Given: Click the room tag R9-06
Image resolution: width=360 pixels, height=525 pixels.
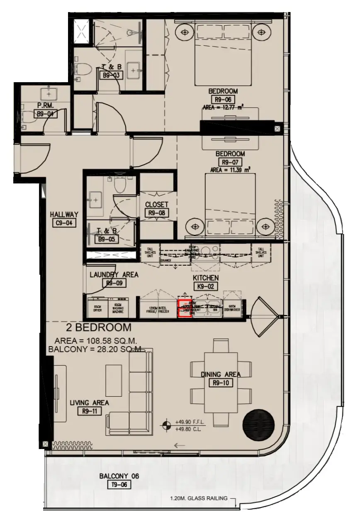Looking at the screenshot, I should pos(223,99).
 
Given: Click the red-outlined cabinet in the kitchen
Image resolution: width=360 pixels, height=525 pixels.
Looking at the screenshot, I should pos(185,309).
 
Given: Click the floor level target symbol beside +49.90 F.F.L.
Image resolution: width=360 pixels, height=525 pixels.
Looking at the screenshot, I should pos(167,425).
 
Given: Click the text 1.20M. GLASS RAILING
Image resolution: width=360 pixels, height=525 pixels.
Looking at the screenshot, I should pos(199,498).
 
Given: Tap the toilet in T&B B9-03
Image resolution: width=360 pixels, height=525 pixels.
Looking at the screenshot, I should pos(83,69).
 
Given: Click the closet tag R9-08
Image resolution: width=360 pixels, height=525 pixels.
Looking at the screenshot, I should pos(157,212).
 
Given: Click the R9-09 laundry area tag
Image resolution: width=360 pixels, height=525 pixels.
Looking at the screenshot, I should pos(114,283).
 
